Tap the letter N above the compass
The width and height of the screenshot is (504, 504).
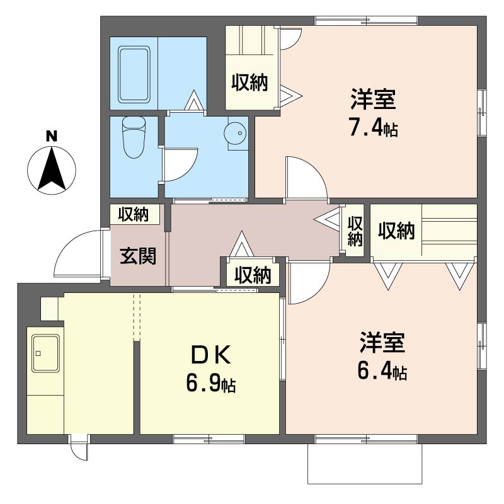(x=52, y=135)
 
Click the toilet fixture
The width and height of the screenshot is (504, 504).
(x=133, y=137)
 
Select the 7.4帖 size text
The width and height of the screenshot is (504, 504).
(x=373, y=129)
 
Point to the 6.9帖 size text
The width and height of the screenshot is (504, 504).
(x=210, y=382)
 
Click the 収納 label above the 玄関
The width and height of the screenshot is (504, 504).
(x=132, y=215)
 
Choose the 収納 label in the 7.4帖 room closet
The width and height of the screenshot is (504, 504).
(x=249, y=82)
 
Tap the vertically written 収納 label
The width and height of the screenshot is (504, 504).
(x=355, y=231)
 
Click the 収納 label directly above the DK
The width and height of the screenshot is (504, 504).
(x=253, y=275)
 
